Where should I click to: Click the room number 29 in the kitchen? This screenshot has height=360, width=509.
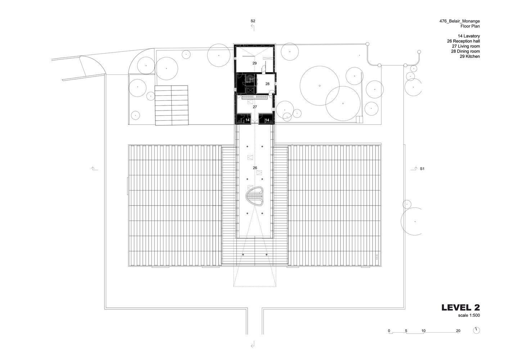pyautogui.click(x=254, y=63)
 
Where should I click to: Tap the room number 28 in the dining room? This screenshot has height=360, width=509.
pyautogui.click(x=267, y=84)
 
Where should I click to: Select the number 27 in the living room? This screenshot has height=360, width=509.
pyautogui.click(x=255, y=107)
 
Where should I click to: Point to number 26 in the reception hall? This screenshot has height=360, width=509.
pyautogui.click(x=255, y=168)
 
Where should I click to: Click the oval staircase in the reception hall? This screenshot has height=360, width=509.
pyautogui.click(x=254, y=196)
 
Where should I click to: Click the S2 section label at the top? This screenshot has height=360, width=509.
pyautogui.click(x=253, y=21)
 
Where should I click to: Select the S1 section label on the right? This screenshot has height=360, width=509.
pyautogui.click(x=422, y=168)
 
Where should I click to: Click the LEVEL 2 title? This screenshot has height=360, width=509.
pyautogui.click(x=461, y=307)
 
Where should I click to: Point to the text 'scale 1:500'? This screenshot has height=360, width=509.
pyautogui.click(x=469, y=315)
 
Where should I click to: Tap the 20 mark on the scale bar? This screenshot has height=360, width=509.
pyautogui.click(x=458, y=331)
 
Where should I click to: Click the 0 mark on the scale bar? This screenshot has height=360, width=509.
pyautogui.click(x=389, y=331)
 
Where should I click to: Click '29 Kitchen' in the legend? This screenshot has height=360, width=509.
pyautogui.click(x=470, y=57)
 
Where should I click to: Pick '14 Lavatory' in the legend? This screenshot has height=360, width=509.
pyautogui.click(x=469, y=36)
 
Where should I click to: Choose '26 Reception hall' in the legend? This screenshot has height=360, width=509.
pyautogui.click(x=463, y=41)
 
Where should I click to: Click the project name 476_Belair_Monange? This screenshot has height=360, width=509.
pyautogui.click(x=459, y=21)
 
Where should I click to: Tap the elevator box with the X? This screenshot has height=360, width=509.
pyautogui.click(x=250, y=90)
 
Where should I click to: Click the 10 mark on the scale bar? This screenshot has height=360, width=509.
pyautogui.click(x=423, y=331)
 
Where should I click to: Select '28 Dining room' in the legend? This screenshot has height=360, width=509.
pyautogui.click(x=465, y=51)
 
